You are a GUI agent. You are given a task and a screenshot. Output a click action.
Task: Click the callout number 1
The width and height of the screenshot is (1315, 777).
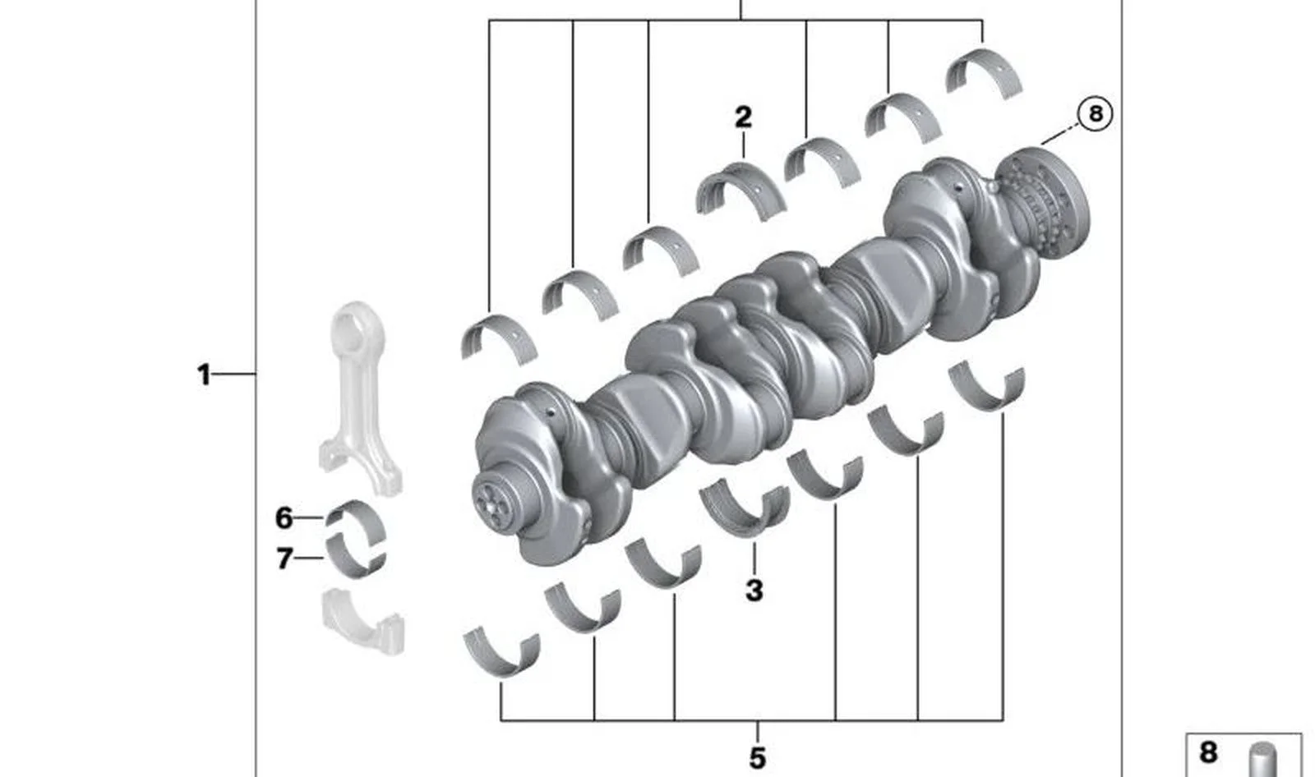tap(204, 375)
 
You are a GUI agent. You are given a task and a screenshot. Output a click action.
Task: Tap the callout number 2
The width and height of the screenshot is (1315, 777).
tap(743, 117)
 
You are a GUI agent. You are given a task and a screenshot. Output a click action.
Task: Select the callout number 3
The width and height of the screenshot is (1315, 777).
tap(754, 591)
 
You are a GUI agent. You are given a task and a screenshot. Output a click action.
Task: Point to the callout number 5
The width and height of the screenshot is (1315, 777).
tap(757, 758)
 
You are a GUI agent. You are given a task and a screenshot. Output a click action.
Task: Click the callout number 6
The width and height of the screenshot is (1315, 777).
tap(284, 518)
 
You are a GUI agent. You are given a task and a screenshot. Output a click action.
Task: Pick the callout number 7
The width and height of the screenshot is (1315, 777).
tap(284, 558)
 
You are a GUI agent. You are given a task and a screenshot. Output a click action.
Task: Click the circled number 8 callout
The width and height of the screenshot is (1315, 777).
tap(1095, 114)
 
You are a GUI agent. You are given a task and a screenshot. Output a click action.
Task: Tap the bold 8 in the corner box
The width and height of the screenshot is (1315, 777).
tap(1208, 752)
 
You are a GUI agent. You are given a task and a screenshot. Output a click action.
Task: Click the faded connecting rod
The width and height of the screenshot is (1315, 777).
tap(359, 399)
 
